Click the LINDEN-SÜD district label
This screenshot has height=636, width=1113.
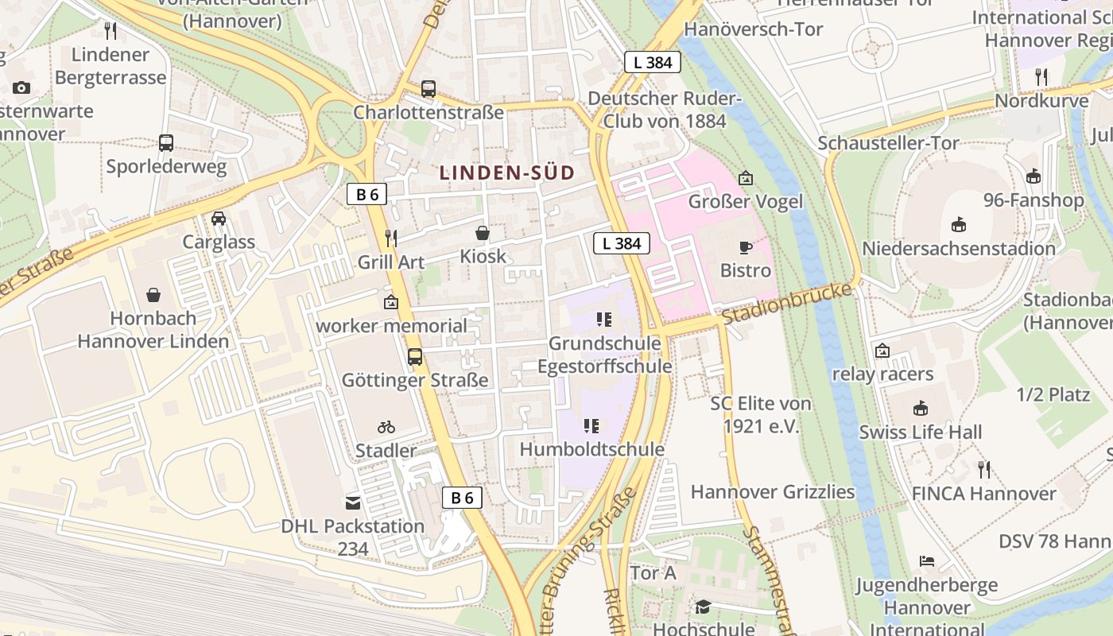[506, 173]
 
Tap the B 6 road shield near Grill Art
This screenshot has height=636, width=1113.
[366, 194]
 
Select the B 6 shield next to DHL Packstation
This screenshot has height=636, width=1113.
[462, 498]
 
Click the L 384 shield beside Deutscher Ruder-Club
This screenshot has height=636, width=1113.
[653, 62]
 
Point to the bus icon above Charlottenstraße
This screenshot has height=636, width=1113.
[429, 88]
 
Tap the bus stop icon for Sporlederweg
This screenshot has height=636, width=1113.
[166, 143]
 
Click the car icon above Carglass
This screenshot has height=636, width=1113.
[219, 218]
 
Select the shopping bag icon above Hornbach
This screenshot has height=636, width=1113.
[153, 295]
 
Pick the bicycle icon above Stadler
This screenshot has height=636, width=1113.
[386, 427]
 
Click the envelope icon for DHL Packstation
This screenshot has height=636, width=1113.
[352, 502]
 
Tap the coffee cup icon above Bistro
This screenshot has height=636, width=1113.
[746, 247]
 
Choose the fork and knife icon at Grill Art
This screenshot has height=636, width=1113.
[390, 238]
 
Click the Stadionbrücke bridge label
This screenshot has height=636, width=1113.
[786, 303]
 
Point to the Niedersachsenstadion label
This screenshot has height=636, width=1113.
[959, 249]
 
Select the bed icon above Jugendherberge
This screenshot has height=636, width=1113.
[927, 561]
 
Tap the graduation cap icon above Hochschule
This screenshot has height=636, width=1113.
[703, 607]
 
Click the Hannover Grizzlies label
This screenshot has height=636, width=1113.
[772, 492]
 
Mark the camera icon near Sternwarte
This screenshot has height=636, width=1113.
[21, 87]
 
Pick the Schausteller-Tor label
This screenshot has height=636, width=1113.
[888, 143]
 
